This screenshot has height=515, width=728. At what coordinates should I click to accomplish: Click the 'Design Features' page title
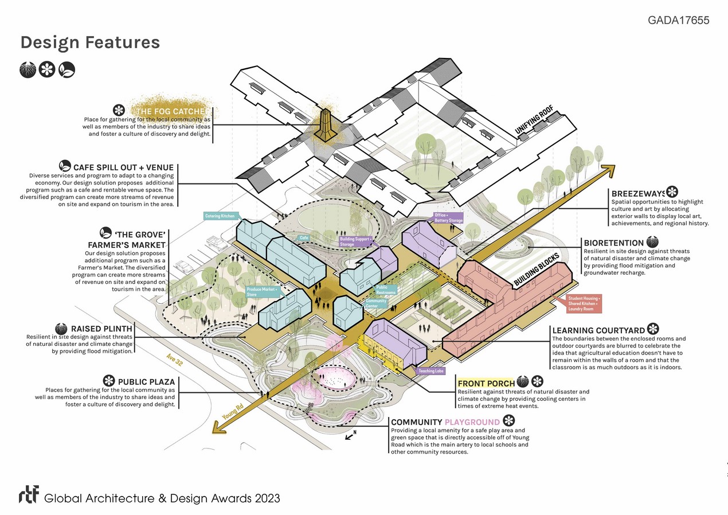[x=90, y=42]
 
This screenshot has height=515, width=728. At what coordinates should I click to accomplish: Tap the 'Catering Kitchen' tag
[x=220, y=216]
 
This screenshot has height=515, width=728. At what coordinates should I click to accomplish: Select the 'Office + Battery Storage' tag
[x=448, y=217]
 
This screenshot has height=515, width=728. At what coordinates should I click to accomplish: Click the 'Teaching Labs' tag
[x=431, y=371]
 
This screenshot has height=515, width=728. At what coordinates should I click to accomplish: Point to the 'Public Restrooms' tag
[x=385, y=290]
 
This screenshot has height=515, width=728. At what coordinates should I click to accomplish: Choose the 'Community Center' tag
[x=375, y=303]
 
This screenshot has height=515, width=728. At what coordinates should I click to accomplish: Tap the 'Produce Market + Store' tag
[x=263, y=292]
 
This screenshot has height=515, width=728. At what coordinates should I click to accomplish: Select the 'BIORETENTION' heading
[x=613, y=243]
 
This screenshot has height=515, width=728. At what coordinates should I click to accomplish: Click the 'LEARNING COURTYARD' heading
[x=598, y=330]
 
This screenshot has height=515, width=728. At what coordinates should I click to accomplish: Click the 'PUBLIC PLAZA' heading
[x=146, y=381]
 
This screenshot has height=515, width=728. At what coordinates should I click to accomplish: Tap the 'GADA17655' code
[x=678, y=20]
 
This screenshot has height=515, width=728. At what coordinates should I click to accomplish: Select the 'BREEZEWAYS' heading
[x=637, y=193]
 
